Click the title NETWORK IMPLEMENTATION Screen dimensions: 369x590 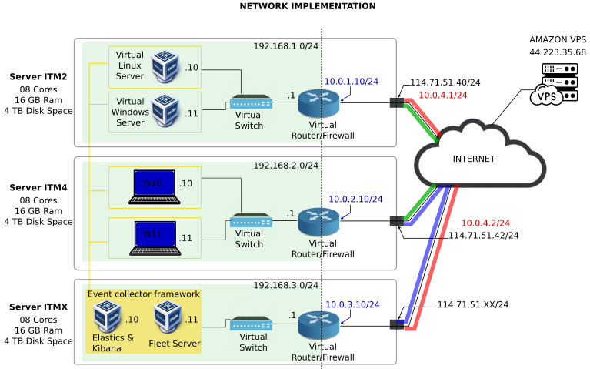308,6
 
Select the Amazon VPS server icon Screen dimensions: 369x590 555,84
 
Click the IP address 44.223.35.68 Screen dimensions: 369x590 557,52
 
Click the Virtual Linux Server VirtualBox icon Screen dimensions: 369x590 165,66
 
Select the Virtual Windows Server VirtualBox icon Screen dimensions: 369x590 165,110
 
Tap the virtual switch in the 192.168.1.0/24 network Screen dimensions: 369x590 251,102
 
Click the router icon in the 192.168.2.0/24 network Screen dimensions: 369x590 318,221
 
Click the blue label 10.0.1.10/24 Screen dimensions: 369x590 351,81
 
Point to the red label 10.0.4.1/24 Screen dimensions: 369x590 442,96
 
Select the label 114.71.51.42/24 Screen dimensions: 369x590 483,236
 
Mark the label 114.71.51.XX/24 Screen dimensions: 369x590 473,305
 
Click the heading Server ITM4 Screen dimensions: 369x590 38,187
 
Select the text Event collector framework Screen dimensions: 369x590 144,294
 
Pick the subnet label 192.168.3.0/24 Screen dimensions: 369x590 285,286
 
